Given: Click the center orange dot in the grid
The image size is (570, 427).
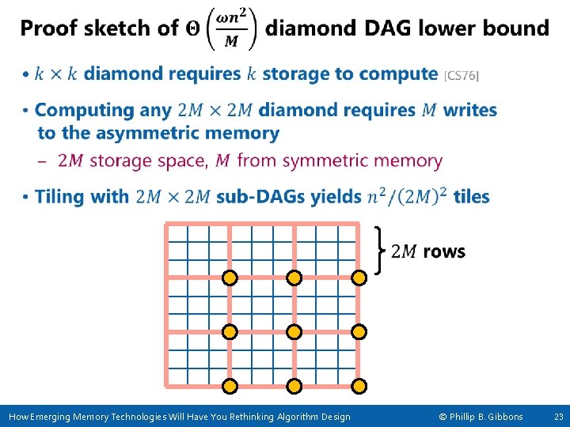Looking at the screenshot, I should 294,332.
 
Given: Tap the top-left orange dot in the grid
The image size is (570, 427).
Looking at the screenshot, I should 229,278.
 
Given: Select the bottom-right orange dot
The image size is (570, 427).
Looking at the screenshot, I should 359,387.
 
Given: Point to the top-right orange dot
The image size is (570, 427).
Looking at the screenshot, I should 359,278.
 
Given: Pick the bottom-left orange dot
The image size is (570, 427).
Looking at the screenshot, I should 229,387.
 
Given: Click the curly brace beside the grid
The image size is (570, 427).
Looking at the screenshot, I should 381,250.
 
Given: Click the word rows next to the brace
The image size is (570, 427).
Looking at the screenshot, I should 444,251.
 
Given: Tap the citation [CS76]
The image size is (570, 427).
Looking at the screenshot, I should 461,76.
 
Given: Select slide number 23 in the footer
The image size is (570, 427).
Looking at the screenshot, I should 558,417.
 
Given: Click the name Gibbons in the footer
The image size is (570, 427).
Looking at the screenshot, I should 503,417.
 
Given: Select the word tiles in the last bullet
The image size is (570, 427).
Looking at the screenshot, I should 471,196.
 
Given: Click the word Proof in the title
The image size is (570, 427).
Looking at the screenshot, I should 49,28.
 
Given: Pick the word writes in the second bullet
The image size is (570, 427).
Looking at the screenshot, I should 469,109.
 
